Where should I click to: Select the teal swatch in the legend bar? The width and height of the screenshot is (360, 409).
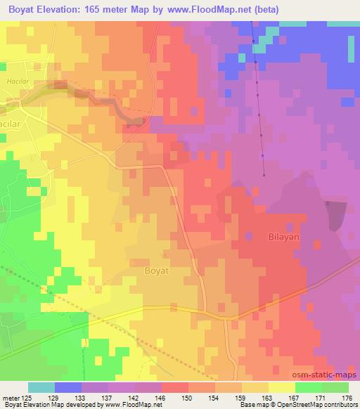click(x=41, y=387)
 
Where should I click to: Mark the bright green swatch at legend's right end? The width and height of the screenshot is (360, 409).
click(x=335, y=387)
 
